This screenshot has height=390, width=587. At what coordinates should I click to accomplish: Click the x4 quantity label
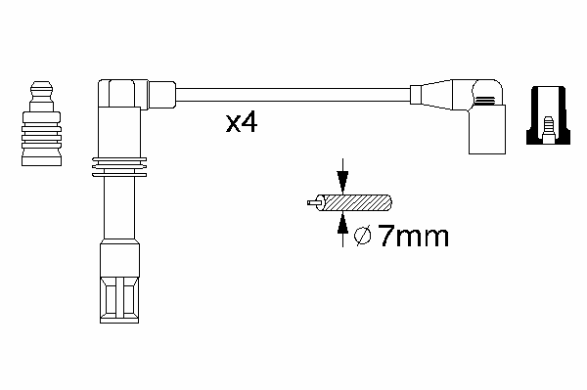pos(242,123)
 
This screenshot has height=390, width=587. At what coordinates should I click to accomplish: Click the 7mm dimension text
pos(414,236)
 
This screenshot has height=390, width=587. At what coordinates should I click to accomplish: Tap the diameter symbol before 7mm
pos(362,236)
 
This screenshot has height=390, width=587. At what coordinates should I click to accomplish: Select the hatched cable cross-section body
pos(354,202)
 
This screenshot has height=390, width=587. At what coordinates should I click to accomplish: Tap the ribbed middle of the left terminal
pos(41,137)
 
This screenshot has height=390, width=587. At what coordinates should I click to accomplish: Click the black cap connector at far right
pos(549,115)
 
